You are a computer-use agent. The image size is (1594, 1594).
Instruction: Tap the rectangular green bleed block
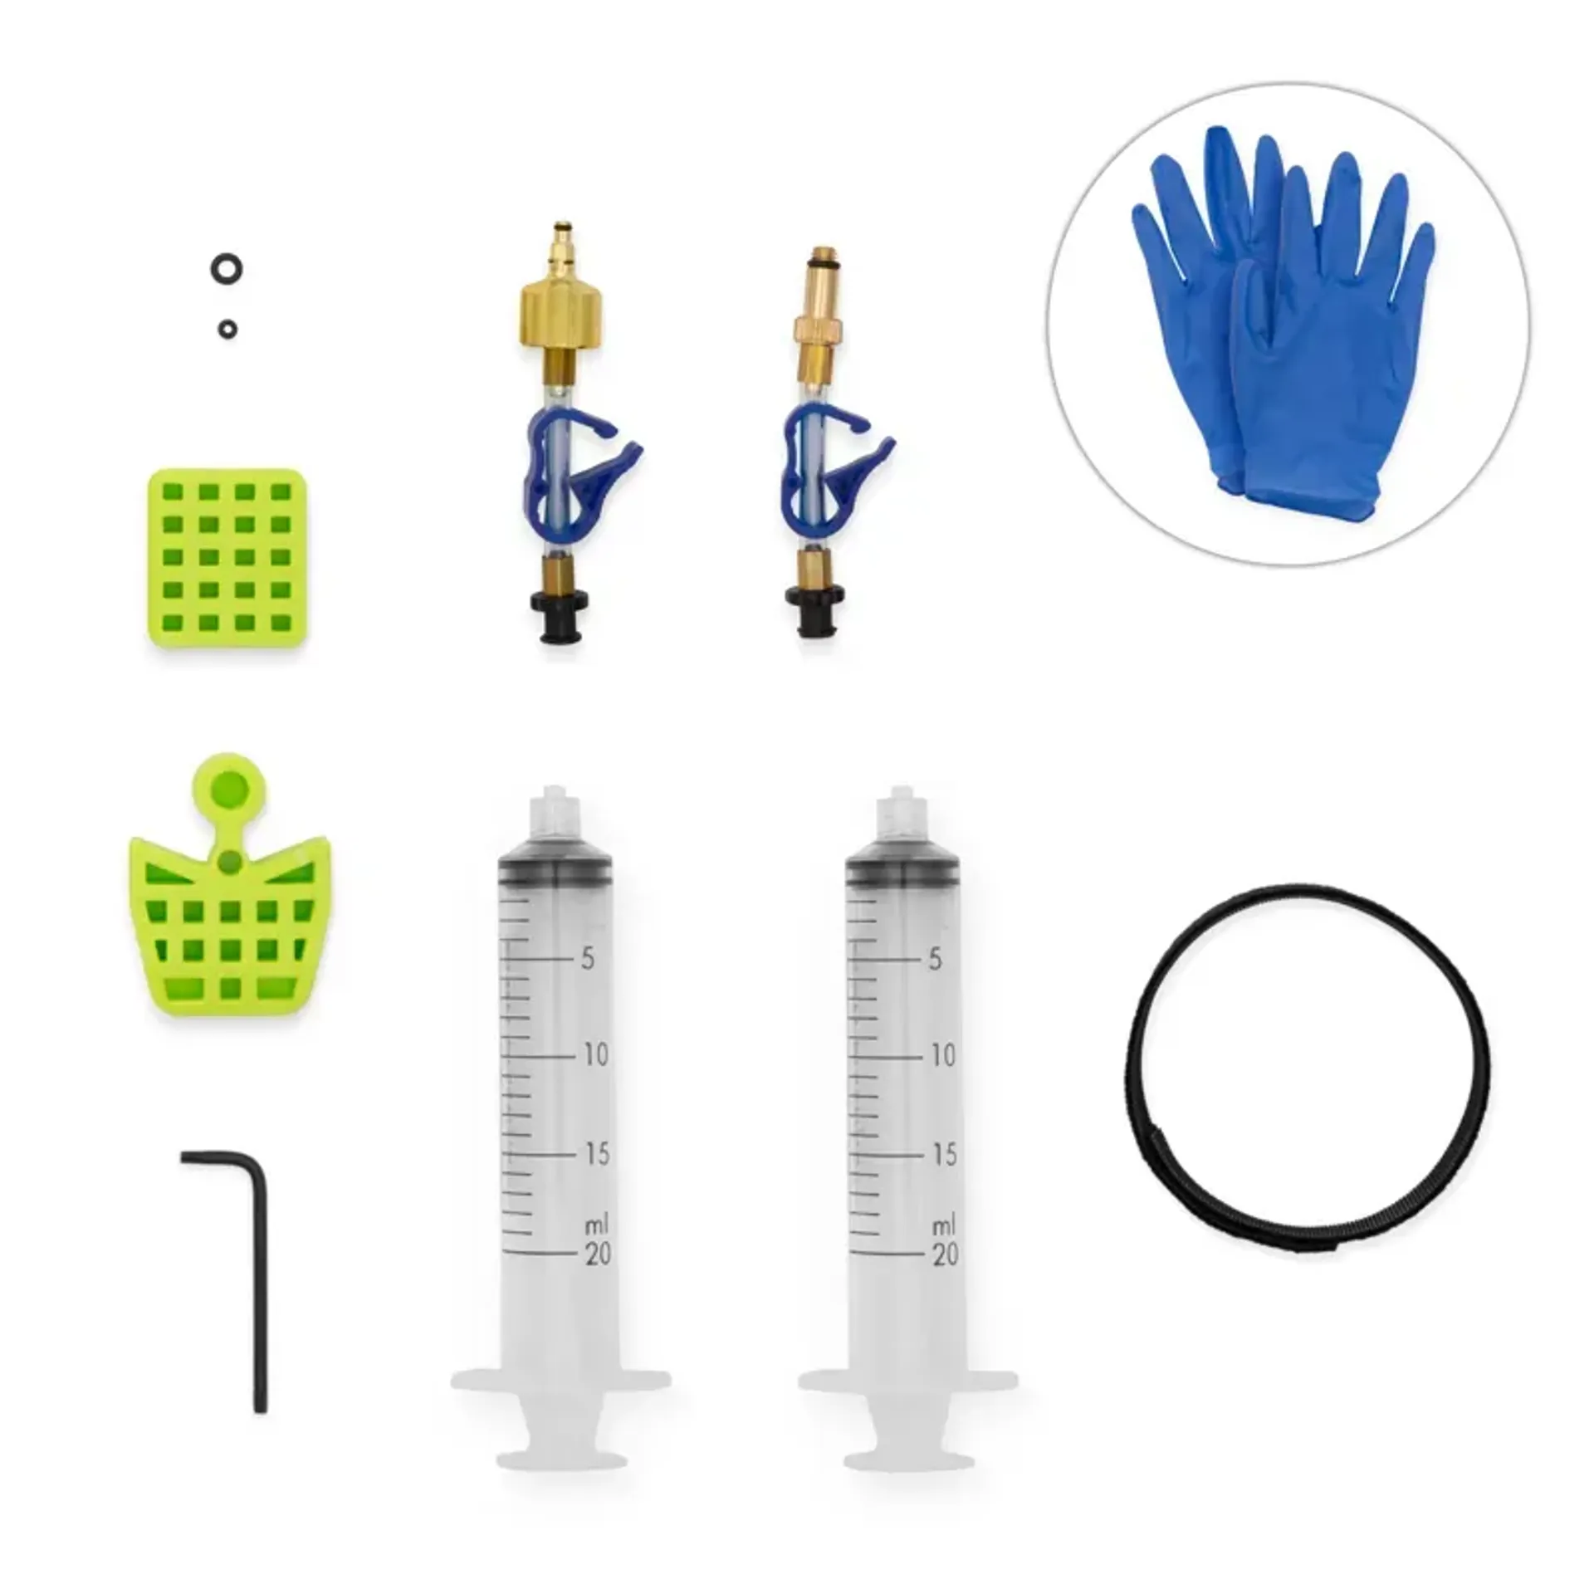pyautogui.click(x=227, y=557)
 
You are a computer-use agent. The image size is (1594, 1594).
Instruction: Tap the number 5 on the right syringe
pyautogui.click(x=935, y=959)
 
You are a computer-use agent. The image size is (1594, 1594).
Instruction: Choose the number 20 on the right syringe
pyautogui.click(x=943, y=1254)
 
